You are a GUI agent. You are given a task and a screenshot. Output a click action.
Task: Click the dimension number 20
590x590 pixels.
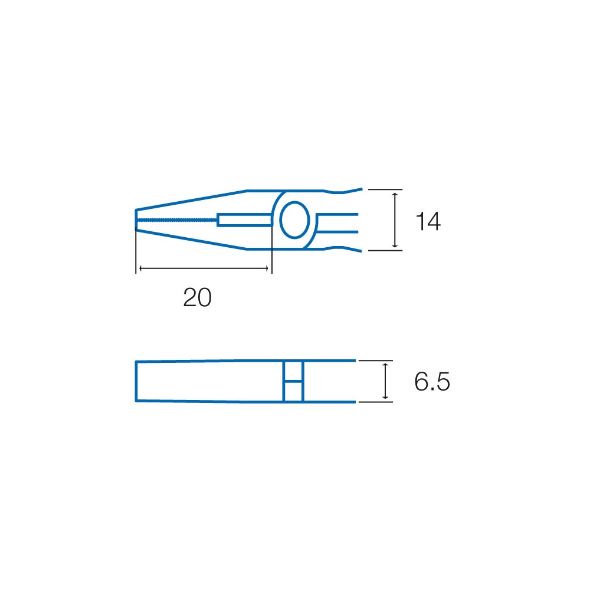click(197, 297)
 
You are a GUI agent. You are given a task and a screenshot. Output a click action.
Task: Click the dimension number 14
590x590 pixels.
click(428, 221)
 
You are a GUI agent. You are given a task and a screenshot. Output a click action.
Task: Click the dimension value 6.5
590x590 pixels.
click(432, 382)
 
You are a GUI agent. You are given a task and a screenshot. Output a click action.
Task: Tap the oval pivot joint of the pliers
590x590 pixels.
click(294, 220)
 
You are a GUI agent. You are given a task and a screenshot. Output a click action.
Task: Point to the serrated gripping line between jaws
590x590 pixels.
click(176, 219)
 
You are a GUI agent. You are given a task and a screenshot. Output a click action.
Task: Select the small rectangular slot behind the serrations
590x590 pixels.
click(245, 219)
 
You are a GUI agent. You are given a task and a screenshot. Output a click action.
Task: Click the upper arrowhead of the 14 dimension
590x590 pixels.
click(395, 195)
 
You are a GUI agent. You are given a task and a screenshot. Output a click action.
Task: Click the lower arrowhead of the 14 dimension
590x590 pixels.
click(395, 245)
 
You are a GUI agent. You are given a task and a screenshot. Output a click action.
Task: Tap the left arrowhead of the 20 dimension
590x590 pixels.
click(142, 268)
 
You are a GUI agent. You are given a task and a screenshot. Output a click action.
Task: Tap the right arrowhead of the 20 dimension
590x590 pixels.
click(265, 268)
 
